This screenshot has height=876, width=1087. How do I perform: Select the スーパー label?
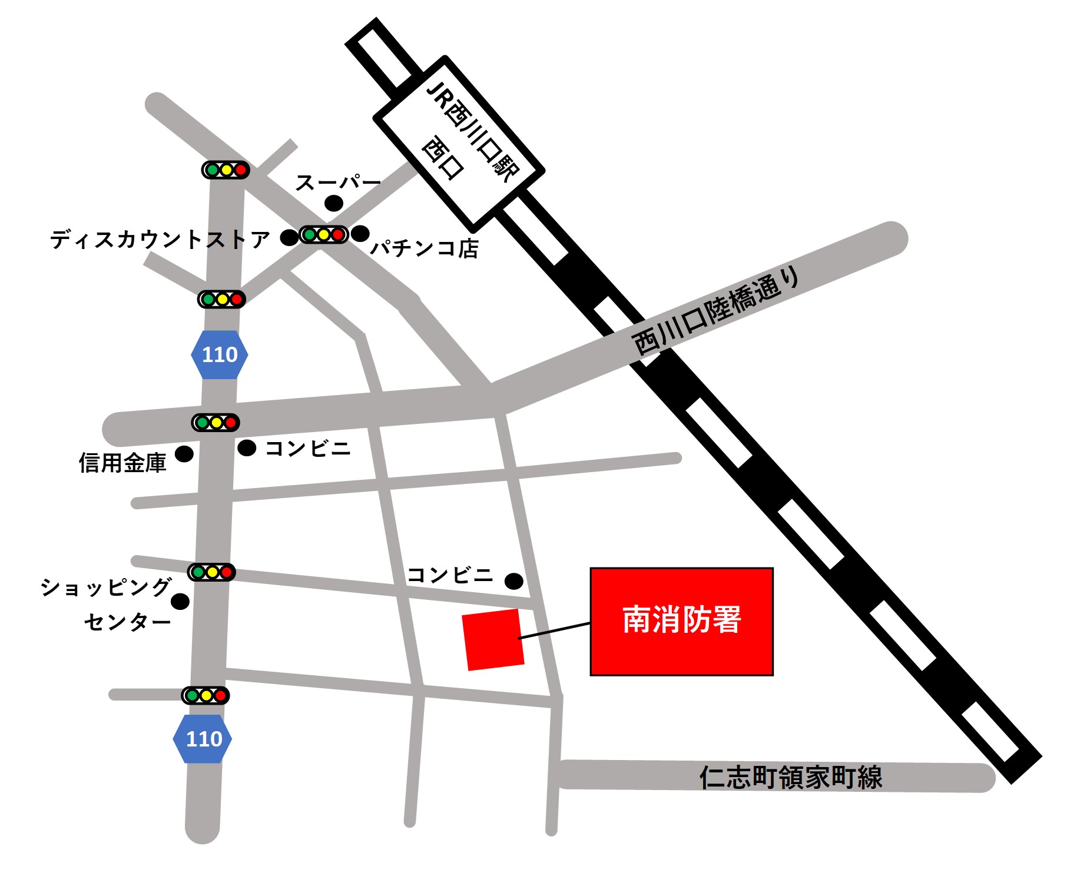338,182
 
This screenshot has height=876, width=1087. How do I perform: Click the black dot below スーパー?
334,203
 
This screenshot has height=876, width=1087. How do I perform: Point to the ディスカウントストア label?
160,240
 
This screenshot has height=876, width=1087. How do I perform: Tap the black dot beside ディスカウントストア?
289,237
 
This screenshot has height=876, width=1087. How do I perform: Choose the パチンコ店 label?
424,248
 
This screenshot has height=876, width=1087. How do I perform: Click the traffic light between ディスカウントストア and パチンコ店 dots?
323,234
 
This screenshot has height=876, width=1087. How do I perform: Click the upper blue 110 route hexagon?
220,354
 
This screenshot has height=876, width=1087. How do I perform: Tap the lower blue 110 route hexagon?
203,739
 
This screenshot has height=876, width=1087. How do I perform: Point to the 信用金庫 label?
122,463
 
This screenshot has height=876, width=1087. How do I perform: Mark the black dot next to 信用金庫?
184,454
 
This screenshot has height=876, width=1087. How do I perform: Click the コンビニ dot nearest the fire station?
514,581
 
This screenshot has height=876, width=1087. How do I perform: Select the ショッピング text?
106,587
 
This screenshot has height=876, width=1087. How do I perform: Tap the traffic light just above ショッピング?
211,572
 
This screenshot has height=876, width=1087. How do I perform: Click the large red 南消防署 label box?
681,621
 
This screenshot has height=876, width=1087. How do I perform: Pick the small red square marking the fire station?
493,639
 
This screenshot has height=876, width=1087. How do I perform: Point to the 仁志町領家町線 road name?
790,777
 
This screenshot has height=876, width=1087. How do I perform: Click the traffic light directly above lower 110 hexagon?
206,695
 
